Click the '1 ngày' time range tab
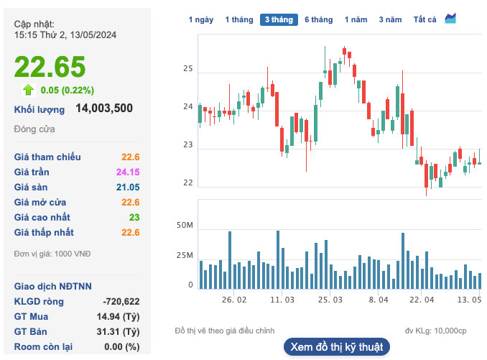[x=200, y=20]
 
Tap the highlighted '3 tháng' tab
[x=279, y=20]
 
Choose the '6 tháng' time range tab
[x=318, y=20]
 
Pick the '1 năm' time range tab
[x=356, y=20]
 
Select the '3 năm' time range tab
[x=391, y=20]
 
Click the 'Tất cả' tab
[x=425, y=20]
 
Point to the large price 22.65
[x=50, y=67]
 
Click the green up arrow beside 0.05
[x=29, y=90]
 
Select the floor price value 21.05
[x=128, y=188]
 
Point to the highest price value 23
[x=134, y=217]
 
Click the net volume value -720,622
[x=121, y=301]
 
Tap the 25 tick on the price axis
[x=188, y=69]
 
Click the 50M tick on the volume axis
[x=185, y=226]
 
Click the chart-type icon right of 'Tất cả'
[x=450, y=19]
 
